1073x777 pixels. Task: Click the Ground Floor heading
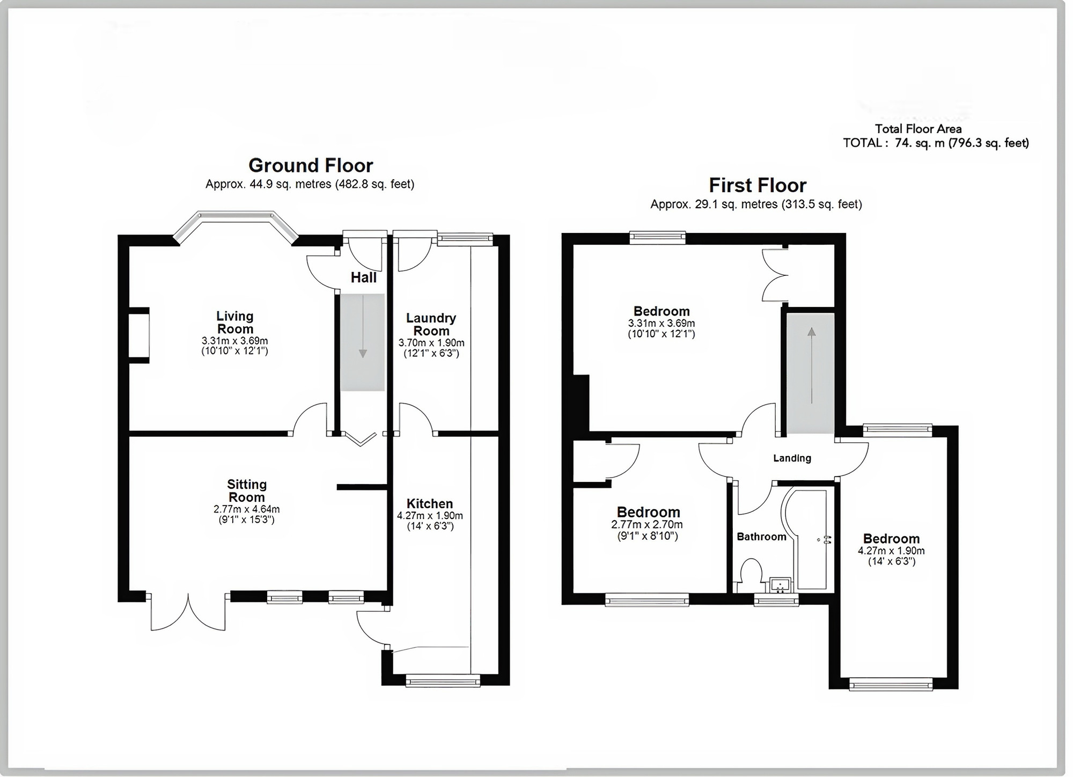click(311, 165)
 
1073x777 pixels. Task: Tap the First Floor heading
click(757, 186)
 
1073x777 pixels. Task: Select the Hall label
click(363, 277)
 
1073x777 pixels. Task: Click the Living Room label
click(235, 322)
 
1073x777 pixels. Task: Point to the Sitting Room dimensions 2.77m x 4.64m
click(246, 509)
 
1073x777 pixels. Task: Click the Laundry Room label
click(431, 324)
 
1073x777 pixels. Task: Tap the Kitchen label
click(429, 503)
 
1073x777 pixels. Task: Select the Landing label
click(791, 458)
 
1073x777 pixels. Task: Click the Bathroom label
click(761, 537)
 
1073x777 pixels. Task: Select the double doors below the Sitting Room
click(188, 612)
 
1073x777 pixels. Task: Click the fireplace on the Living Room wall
click(139, 335)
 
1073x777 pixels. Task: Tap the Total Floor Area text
click(918, 129)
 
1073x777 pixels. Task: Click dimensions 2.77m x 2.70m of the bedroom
click(646, 525)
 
